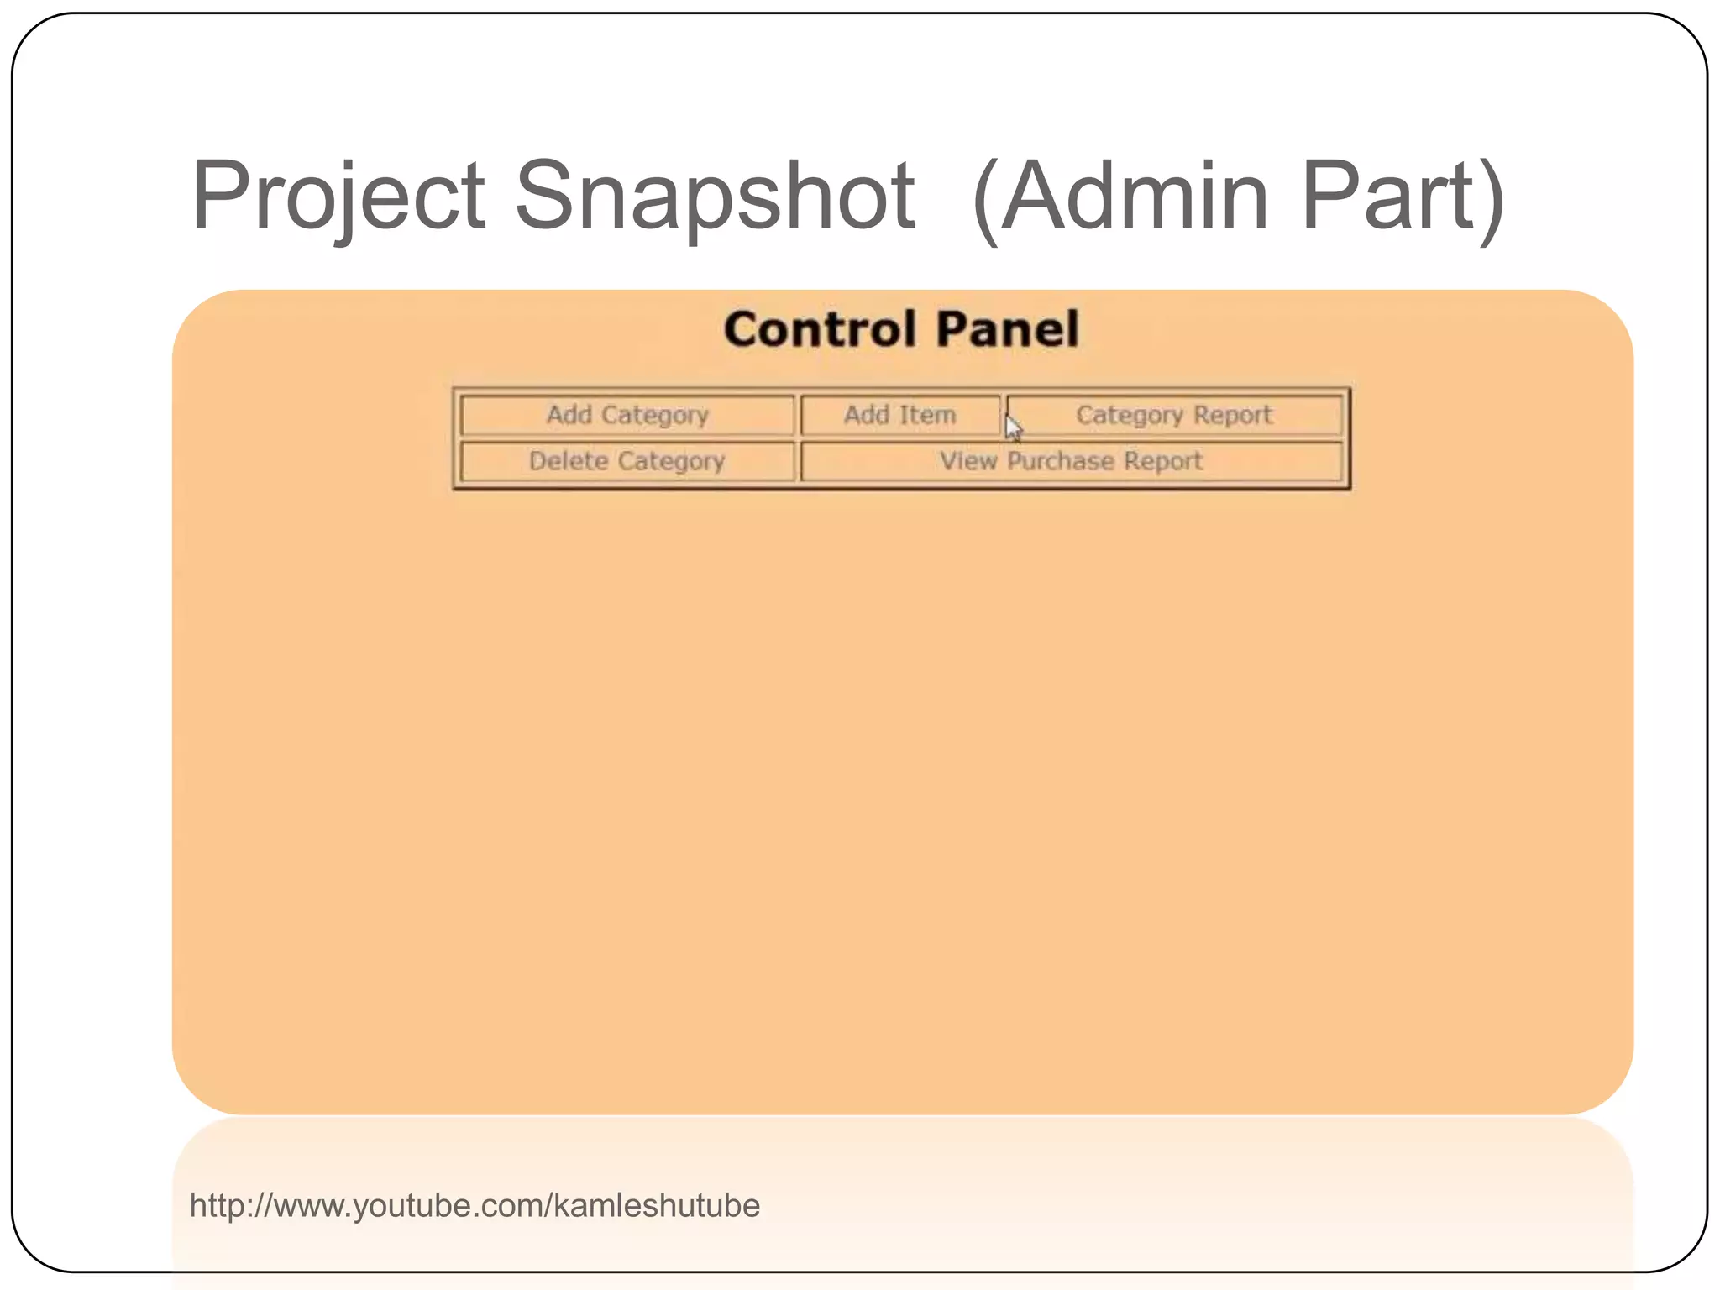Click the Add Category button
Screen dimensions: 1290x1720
[x=627, y=415]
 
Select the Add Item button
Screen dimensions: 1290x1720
[x=899, y=415]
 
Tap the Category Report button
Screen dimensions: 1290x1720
[x=1174, y=415]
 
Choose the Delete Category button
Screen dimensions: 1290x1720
[x=627, y=461]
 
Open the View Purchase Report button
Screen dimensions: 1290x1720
[x=1071, y=461]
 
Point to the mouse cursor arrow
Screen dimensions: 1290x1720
[x=1013, y=427]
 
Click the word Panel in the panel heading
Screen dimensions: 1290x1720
[x=1007, y=328]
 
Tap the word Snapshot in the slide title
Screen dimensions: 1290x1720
[x=715, y=197]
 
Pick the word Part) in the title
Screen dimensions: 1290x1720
[x=1403, y=197]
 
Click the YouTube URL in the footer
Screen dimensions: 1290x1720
[x=475, y=1205]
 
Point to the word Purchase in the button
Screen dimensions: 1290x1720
[x=1061, y=461]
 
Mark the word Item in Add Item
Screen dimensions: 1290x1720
[x=927, y=415]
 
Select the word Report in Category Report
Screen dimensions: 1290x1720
[x=1232, y=415]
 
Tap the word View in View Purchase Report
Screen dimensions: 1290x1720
[x=967, y=461]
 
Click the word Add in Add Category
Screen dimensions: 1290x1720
[x=569, y=415]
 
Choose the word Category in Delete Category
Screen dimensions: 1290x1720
[x=671, y=461]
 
